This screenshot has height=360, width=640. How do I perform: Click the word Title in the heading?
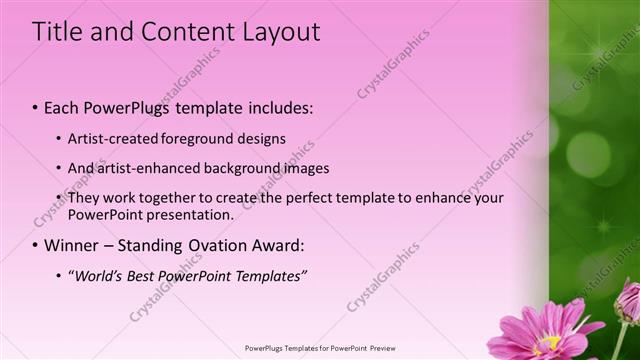[58, 32]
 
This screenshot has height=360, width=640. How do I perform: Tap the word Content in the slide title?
[188, 32]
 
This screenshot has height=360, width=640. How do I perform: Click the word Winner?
[72, 245]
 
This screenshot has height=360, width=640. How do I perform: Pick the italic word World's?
[97, 275]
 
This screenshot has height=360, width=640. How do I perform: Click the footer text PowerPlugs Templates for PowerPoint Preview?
[319, 349]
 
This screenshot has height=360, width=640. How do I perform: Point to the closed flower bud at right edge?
[627, 300]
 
